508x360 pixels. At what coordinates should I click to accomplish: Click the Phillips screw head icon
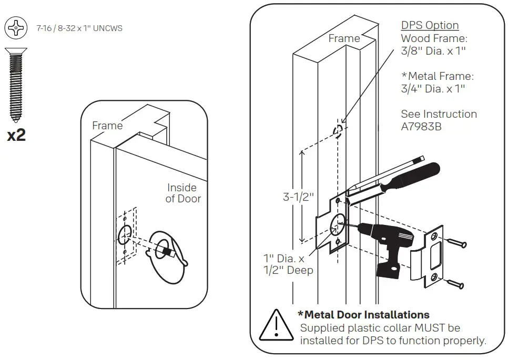click(16, 27)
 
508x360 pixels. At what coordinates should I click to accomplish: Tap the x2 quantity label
click(16, 135)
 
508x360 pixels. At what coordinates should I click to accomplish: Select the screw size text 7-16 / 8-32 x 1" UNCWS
click(79, 28)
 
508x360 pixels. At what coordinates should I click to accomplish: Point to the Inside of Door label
click(182, 193)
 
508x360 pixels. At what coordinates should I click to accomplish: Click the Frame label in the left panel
click(107, 126)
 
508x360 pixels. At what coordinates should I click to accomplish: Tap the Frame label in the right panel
click(344, 38)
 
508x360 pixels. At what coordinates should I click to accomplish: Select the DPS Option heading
click(430, 25)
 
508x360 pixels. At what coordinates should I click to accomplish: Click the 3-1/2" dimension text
click(298, 197)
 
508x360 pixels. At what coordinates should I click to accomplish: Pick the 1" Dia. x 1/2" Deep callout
click(288, 264)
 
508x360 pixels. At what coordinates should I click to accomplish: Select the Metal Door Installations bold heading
click(363, 315)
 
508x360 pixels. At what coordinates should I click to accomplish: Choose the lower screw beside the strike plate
click(455, 284)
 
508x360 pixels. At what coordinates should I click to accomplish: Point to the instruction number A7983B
click(421, 127)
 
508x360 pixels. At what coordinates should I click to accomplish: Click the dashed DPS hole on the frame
click(339, 129)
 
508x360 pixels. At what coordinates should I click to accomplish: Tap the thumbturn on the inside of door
click(168, 251)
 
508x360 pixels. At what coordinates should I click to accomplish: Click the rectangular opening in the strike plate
click(436, 255)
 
